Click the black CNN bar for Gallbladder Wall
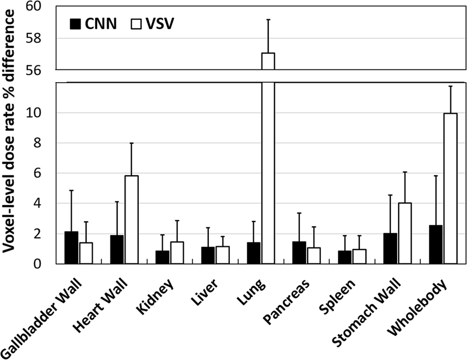(71, 248)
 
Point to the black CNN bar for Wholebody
(435, 245)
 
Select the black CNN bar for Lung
(254, 253)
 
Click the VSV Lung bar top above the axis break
(268, 61)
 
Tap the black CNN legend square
(76, 24)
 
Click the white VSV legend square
(135, 24)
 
